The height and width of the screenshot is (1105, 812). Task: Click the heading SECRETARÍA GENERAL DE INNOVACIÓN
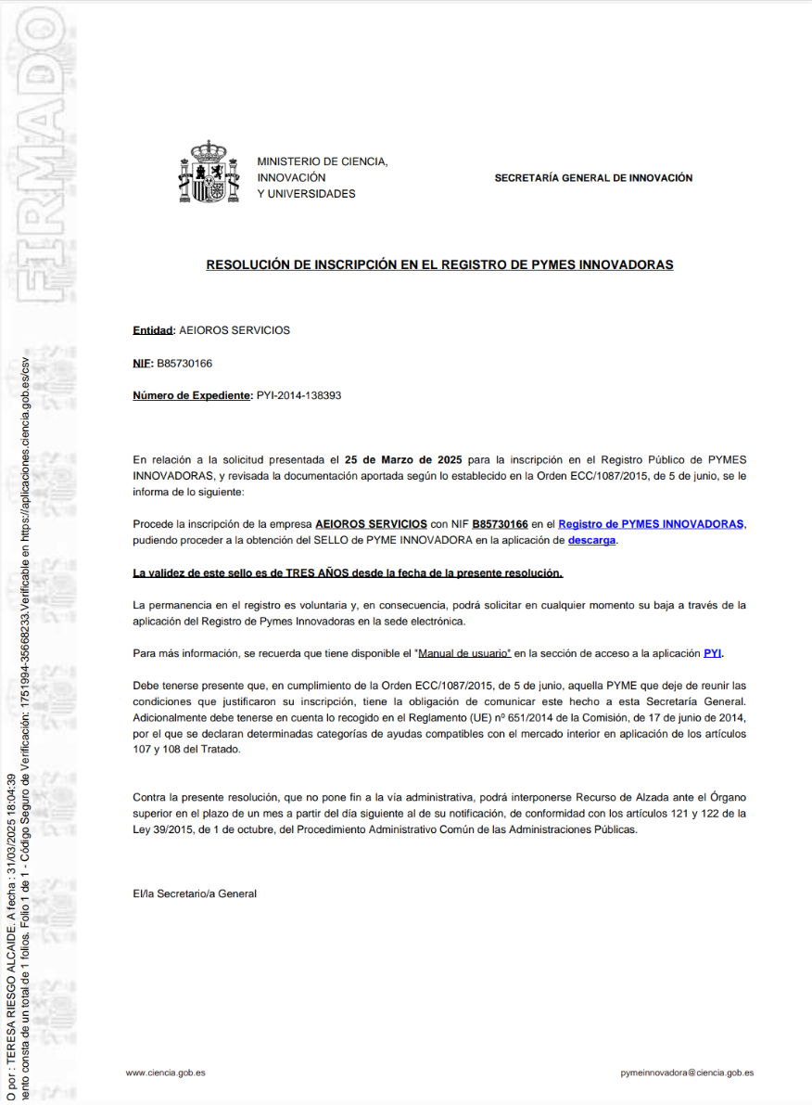click(x=593, y=178)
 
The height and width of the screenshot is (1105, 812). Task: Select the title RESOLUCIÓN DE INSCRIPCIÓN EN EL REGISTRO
click(x=439, y=265)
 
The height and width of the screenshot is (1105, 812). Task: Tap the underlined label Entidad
click(x=153, y=330)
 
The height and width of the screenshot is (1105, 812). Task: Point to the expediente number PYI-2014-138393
click(x=298, y=395)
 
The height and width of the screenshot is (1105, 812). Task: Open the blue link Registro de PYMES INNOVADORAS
click(x=651, y=524)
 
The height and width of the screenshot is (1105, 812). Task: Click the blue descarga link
click(x=591, y=540)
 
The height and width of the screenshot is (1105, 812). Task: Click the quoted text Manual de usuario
click(x=463, y=653)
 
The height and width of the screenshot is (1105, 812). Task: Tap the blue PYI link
click(x=712, y=653)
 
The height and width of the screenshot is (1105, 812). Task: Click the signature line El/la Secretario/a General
click(x=195, y=893)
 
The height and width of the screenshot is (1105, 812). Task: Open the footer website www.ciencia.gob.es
click(x=165, y=1073)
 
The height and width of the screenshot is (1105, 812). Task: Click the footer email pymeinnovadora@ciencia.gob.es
click(x=687, y=1073)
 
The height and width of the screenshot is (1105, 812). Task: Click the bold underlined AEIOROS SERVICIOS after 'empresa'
click(x=371, y=524)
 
